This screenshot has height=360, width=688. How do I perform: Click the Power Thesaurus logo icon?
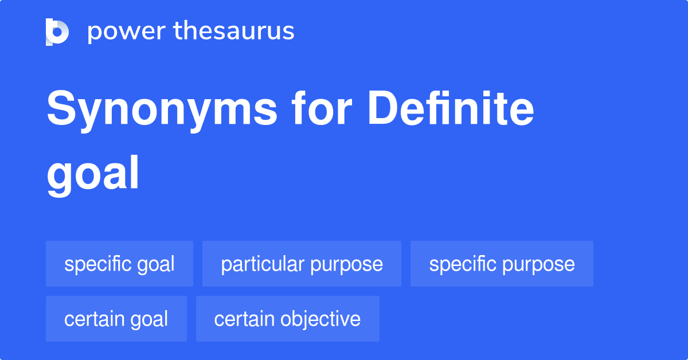[x=57, y=32]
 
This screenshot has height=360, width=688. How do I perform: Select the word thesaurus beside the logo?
[x=234, y=32]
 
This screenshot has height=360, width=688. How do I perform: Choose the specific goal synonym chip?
[x=119, y=264]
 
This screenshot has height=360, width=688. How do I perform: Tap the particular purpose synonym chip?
[x=302, y=264]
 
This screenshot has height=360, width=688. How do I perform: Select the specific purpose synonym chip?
[x=502, y=264]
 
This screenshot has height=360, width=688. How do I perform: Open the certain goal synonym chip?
[x=116, y=319]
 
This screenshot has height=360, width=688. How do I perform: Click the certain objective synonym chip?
[x=287, y=319]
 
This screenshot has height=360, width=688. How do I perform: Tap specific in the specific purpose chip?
[x=462, y=264]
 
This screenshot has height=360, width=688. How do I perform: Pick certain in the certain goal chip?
[x=93, y=319]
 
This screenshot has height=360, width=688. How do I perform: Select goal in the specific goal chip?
[x=156, y=264]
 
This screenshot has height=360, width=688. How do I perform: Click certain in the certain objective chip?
[x=243, y=319]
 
